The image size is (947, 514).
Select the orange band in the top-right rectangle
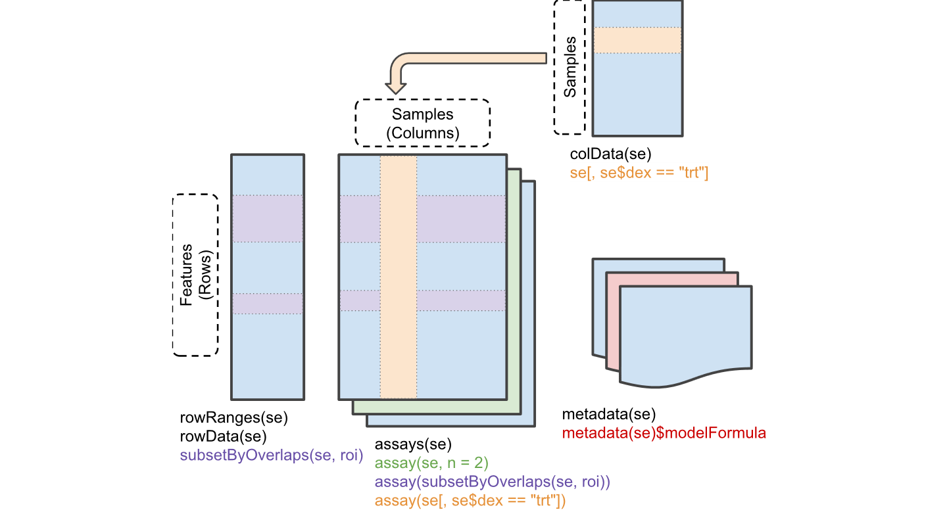(x=637, y=40)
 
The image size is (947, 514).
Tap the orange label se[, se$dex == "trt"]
(x=639, y=173)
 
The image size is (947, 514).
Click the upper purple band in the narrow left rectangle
(x=268, y=218)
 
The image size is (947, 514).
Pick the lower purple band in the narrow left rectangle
(x=268, y=303)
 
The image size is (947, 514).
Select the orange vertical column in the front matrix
(x=399, y=276)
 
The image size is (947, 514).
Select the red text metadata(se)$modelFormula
(x=664, y=434)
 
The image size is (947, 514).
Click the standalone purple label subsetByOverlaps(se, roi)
(x=272, y=456)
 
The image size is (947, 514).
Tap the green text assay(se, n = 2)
(x=431, y=463)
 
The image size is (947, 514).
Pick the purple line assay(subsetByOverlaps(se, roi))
(x=493, y=482)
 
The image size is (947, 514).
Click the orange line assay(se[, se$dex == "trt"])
(x=470, y=501)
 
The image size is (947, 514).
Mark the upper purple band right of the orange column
(x=460, y=218)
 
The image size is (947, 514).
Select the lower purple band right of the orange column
(x=460, y=300)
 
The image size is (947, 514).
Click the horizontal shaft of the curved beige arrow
(x=480, y=58)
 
